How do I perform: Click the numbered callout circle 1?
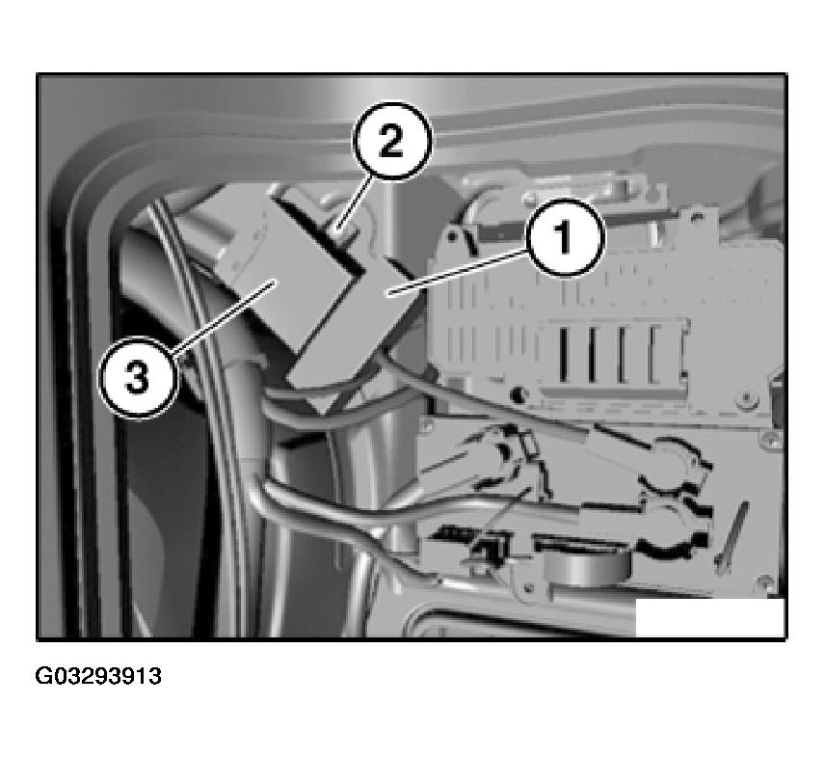564,237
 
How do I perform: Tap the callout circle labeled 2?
391,140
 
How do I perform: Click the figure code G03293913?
98,676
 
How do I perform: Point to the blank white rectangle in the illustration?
709,617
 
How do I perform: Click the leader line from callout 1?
457,273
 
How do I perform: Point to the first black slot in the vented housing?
564,354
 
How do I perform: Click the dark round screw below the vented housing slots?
519,392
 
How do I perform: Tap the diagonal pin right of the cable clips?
732,536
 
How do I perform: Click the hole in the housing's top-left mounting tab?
452,235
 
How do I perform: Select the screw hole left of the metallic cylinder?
529,587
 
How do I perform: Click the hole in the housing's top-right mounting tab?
698,215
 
